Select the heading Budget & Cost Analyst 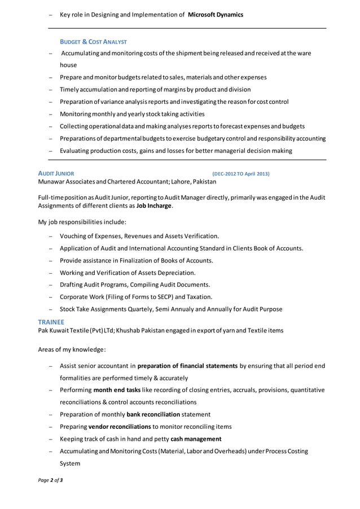point(93,42)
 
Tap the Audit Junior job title point(55,174)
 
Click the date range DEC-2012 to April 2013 point(240,174)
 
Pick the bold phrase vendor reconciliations point(119,427)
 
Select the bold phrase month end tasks point(117,390)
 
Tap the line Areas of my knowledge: point(72,349)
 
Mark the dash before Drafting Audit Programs point(51,285)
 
